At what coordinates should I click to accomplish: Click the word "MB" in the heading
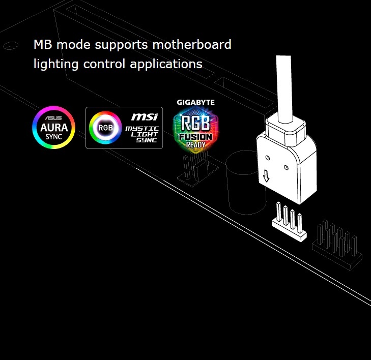pyautogui.click(x=43, y=45)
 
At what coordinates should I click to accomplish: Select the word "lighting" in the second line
pyautogui.click(x=52, y=65)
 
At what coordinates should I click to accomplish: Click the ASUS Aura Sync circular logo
pyautogui.click(x=53, y=127)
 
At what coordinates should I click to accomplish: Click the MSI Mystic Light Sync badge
pyautogui.click(x=124, y=128)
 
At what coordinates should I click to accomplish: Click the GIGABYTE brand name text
pyautogui.click(x=195, y=102)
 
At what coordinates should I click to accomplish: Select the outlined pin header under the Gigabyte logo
pyautogui.click(x=197, y=170)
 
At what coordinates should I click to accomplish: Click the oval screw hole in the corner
pyautogui.click(x=10, y=46)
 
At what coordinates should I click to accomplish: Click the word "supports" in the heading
pyautogui.click(x=119, y=45)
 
